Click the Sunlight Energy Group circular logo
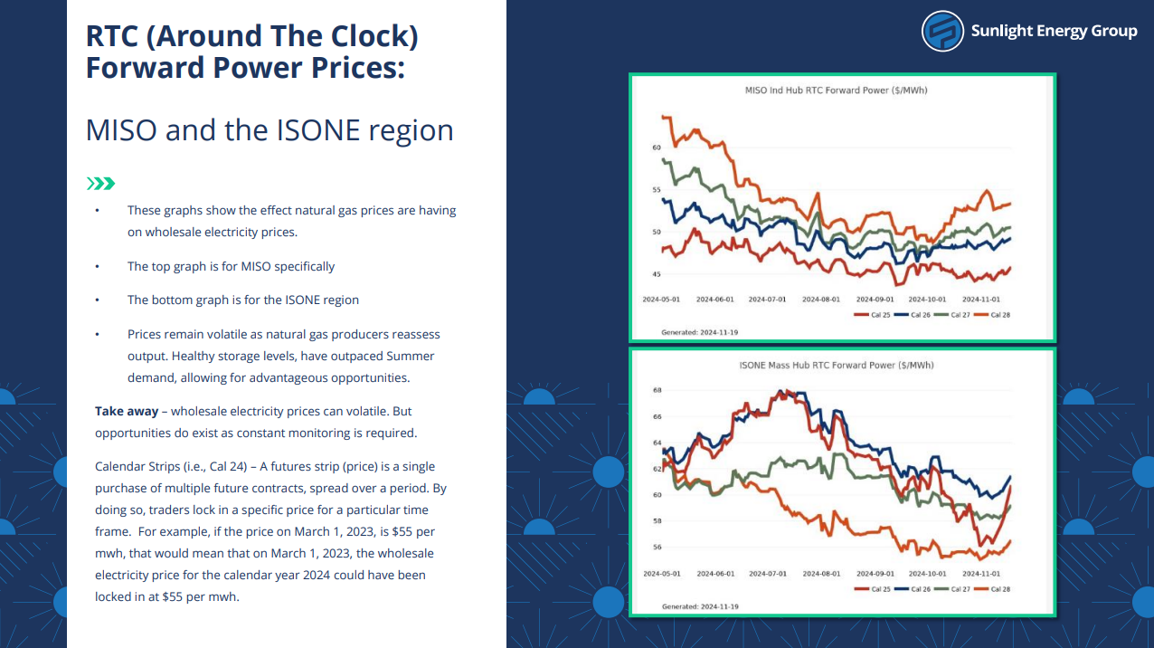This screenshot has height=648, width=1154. tap(942, 31)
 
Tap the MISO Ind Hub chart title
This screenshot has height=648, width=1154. tap(837, 91)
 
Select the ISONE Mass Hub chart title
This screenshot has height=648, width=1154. tap(837, 365)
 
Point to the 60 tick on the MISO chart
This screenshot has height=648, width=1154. tap(657, 148)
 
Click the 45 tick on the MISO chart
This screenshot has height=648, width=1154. tap(657, 274)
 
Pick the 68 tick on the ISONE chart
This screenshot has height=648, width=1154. tap(657, 390)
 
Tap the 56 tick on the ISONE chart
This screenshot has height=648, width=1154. tap(657, 547)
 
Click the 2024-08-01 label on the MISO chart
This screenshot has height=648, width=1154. tap(821, 299)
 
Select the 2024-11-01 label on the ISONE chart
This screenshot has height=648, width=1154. tap(981, 573)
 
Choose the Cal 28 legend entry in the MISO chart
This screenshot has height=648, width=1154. tap(992, 315)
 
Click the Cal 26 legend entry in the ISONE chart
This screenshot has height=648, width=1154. tap(913, 589)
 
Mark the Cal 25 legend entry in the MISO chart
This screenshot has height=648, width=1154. tap(872, 315)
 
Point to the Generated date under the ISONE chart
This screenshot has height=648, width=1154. tap(700, 606)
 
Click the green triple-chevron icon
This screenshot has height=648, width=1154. tap(100, 184)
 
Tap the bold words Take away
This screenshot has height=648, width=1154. tap(127, 412)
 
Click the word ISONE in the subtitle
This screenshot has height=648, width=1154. tap(317, 130)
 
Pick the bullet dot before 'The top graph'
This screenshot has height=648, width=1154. tap(97, 266)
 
